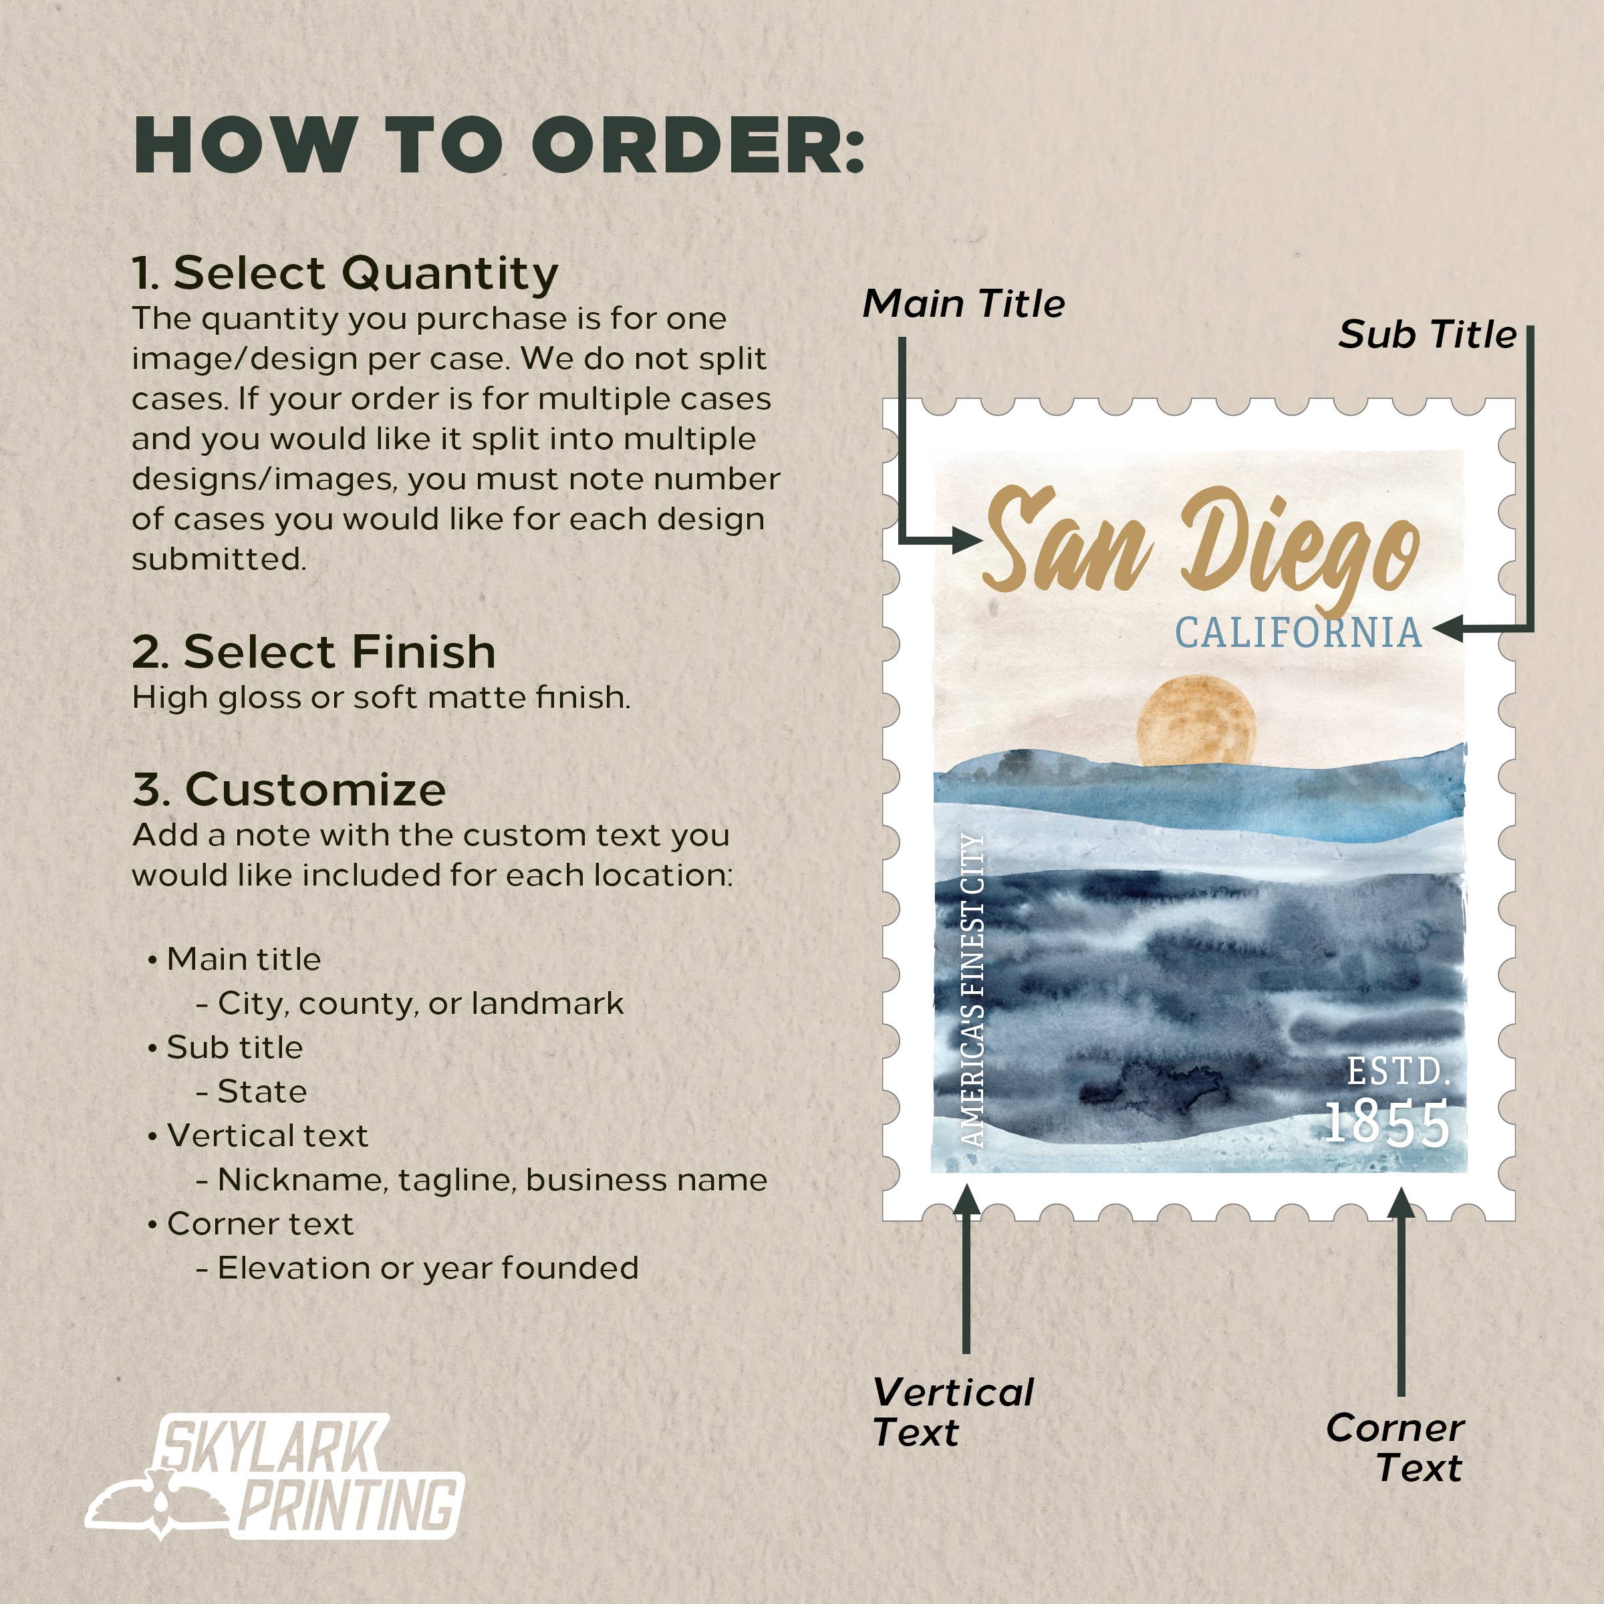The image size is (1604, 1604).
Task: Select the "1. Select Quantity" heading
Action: (345, 273)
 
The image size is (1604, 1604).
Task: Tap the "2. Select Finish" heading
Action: (314, 651)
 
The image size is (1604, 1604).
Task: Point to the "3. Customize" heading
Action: (289, 789)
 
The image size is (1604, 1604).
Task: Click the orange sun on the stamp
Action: (1196, 720)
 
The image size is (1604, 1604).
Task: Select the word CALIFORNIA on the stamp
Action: (1298, 634)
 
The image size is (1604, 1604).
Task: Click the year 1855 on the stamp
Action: (1385, 1124)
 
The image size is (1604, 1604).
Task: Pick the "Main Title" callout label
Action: (963, 304)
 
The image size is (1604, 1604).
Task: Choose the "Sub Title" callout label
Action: (1427, 335)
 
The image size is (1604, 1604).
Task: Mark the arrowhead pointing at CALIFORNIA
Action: (1446, 628)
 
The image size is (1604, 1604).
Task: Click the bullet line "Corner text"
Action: (260, 1224)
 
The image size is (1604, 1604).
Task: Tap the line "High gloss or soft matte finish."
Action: (381, 697)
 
